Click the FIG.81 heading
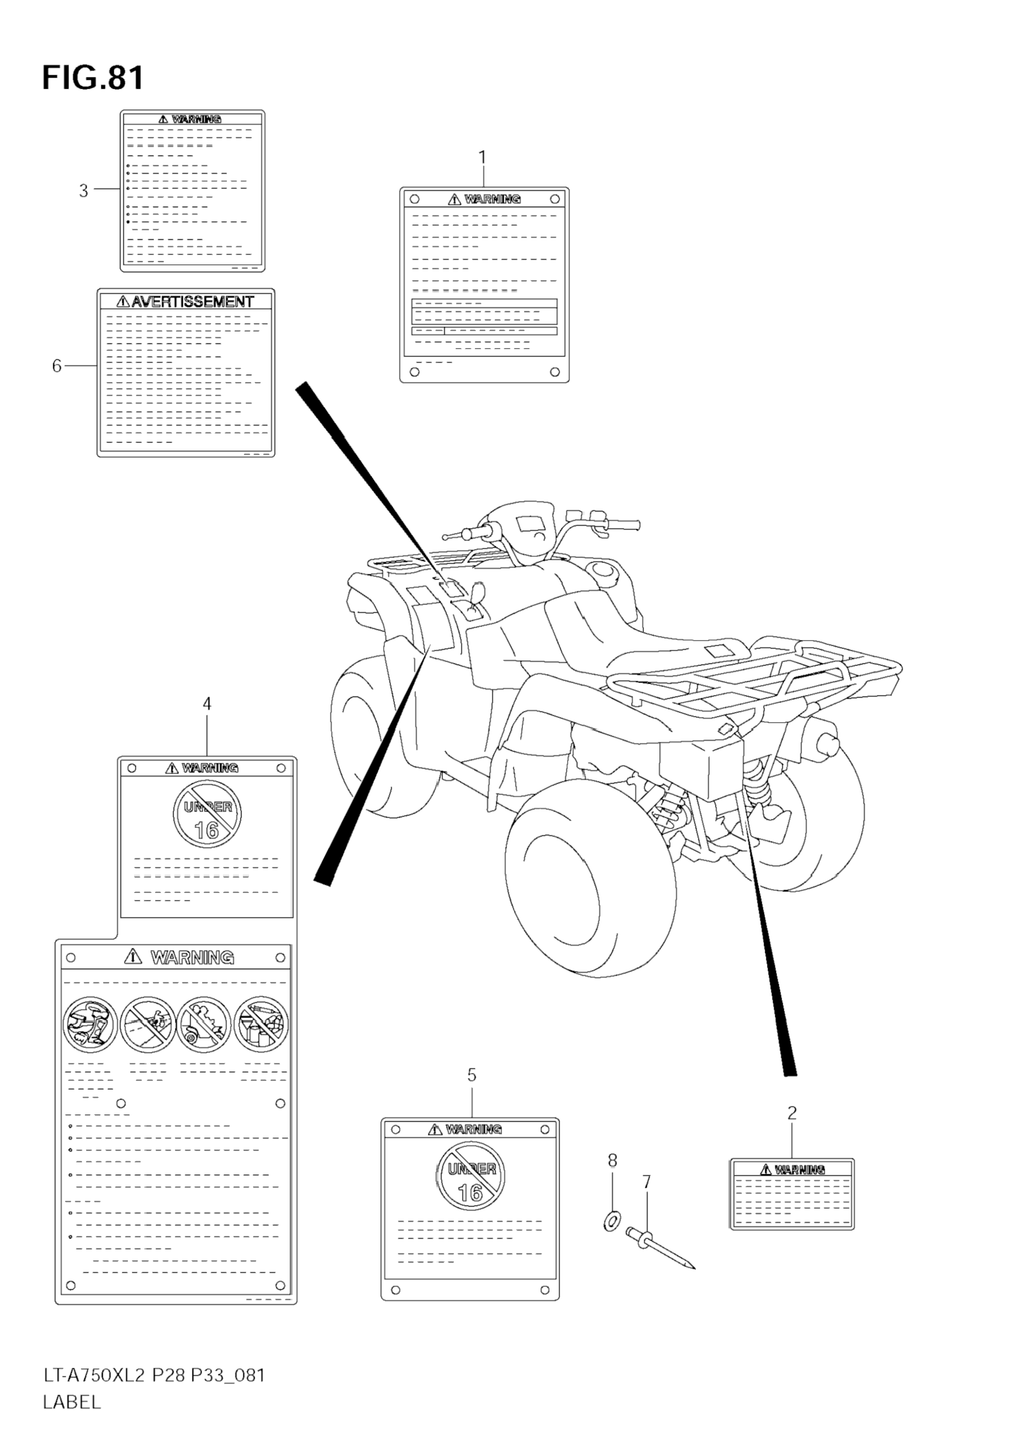(x=93, y=78)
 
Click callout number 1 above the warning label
(x=482, y=157)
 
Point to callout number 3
(x=83, y=190)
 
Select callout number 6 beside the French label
(x=57, y=366)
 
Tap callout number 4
(x=207, y=704)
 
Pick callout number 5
(x=471, y=1075)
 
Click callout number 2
(x=792, y=1113)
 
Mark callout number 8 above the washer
(x=612, y=1160)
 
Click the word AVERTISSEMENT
(x=192, y=302)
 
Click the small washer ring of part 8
(x=611, y=1221)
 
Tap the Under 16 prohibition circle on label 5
(x=470, y=1176)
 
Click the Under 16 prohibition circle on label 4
(x=207, y=814)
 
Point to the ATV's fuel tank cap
(x=604, y=570)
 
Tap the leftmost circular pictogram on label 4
(x=90, y=1025)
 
